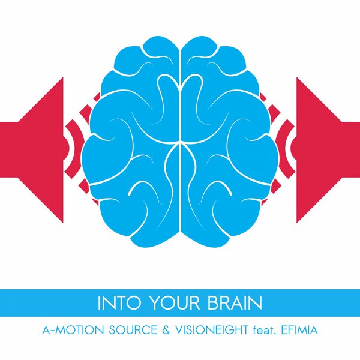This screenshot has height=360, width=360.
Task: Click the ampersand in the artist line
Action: click(169, 330)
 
